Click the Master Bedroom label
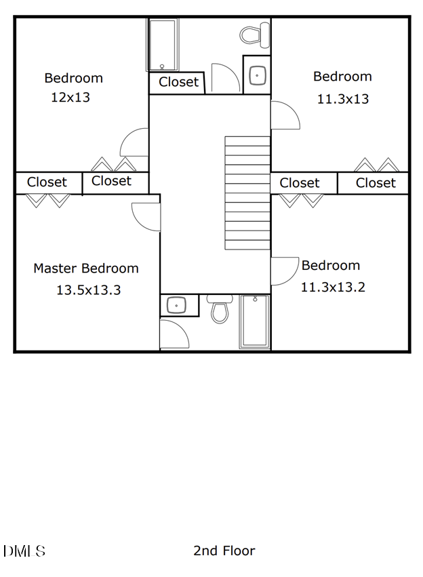(86, 268)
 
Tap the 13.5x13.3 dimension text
(88, 290)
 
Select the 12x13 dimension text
(70, 98)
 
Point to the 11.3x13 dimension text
(343, 99)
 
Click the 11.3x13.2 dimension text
(333, 287)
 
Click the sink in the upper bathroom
(257, 75)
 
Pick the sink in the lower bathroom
(178, 306)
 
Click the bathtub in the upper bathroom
(163, 45)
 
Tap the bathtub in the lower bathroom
(255, 321)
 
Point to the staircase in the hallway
(247, 193)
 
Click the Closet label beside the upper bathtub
(178, 83)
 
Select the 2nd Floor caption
(224, 551)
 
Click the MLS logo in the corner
(24, 551)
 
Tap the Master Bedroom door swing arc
(145, 216)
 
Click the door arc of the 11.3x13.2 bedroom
(285, 271)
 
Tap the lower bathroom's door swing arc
(174, 334)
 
